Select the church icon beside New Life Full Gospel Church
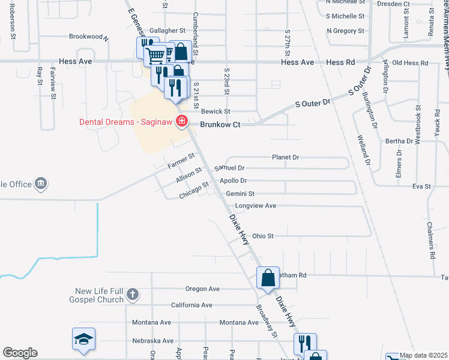(133, 295)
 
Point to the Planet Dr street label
(285, 157)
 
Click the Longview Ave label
(255, 206)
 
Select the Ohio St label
(263, 236)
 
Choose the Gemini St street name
(241, 194)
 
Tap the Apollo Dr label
(234, 181)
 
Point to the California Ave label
(191, 305)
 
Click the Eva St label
(421, 187)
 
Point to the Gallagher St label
(167, 31)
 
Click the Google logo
(20, 353)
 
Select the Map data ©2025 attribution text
(424, 356)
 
